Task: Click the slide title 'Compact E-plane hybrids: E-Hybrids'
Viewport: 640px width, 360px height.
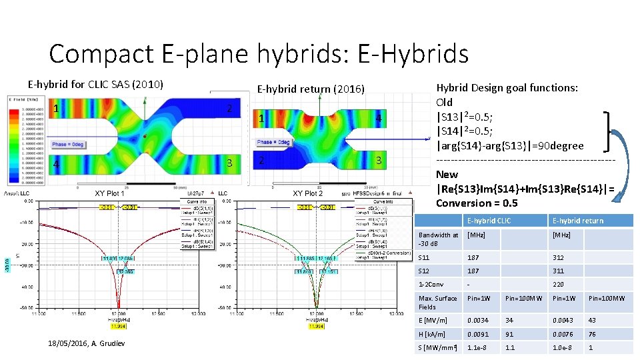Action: pyautogui.click(x=259, y=53)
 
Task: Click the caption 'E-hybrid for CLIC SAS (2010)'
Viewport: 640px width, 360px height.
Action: pyautogui.click(x=95, y=85)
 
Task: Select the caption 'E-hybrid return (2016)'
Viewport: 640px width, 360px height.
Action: pyautogui.click(x=311, y=89)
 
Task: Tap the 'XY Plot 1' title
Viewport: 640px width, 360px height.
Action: pyautogui.click(x=109, y=193)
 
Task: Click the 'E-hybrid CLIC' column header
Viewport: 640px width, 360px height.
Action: pyautogui.click(x=489, y=221)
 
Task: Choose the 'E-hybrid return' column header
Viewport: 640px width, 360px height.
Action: pyautogui.click(x=577, y=221)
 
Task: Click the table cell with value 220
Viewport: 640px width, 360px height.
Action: pyautogui.click(x=558, y=284)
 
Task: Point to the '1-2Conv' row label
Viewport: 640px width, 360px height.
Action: pyautogui.click(x=430, y=284)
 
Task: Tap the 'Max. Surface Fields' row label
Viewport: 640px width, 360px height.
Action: pyautogui.click(x=437, y=303)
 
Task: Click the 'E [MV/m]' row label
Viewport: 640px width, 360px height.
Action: pyautogui.click(x=431, y=321)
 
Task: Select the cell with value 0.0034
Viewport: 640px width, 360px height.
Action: pyautogui.click(x=478, y=321)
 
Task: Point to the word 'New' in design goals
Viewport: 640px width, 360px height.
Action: pyautogui.click(x=447, y=175)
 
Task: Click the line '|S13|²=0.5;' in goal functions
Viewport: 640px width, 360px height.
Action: pyautogui.click(x=465, y=117)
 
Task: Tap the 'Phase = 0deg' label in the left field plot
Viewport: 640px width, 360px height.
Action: pyautogui.click(x=70, y=144)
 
